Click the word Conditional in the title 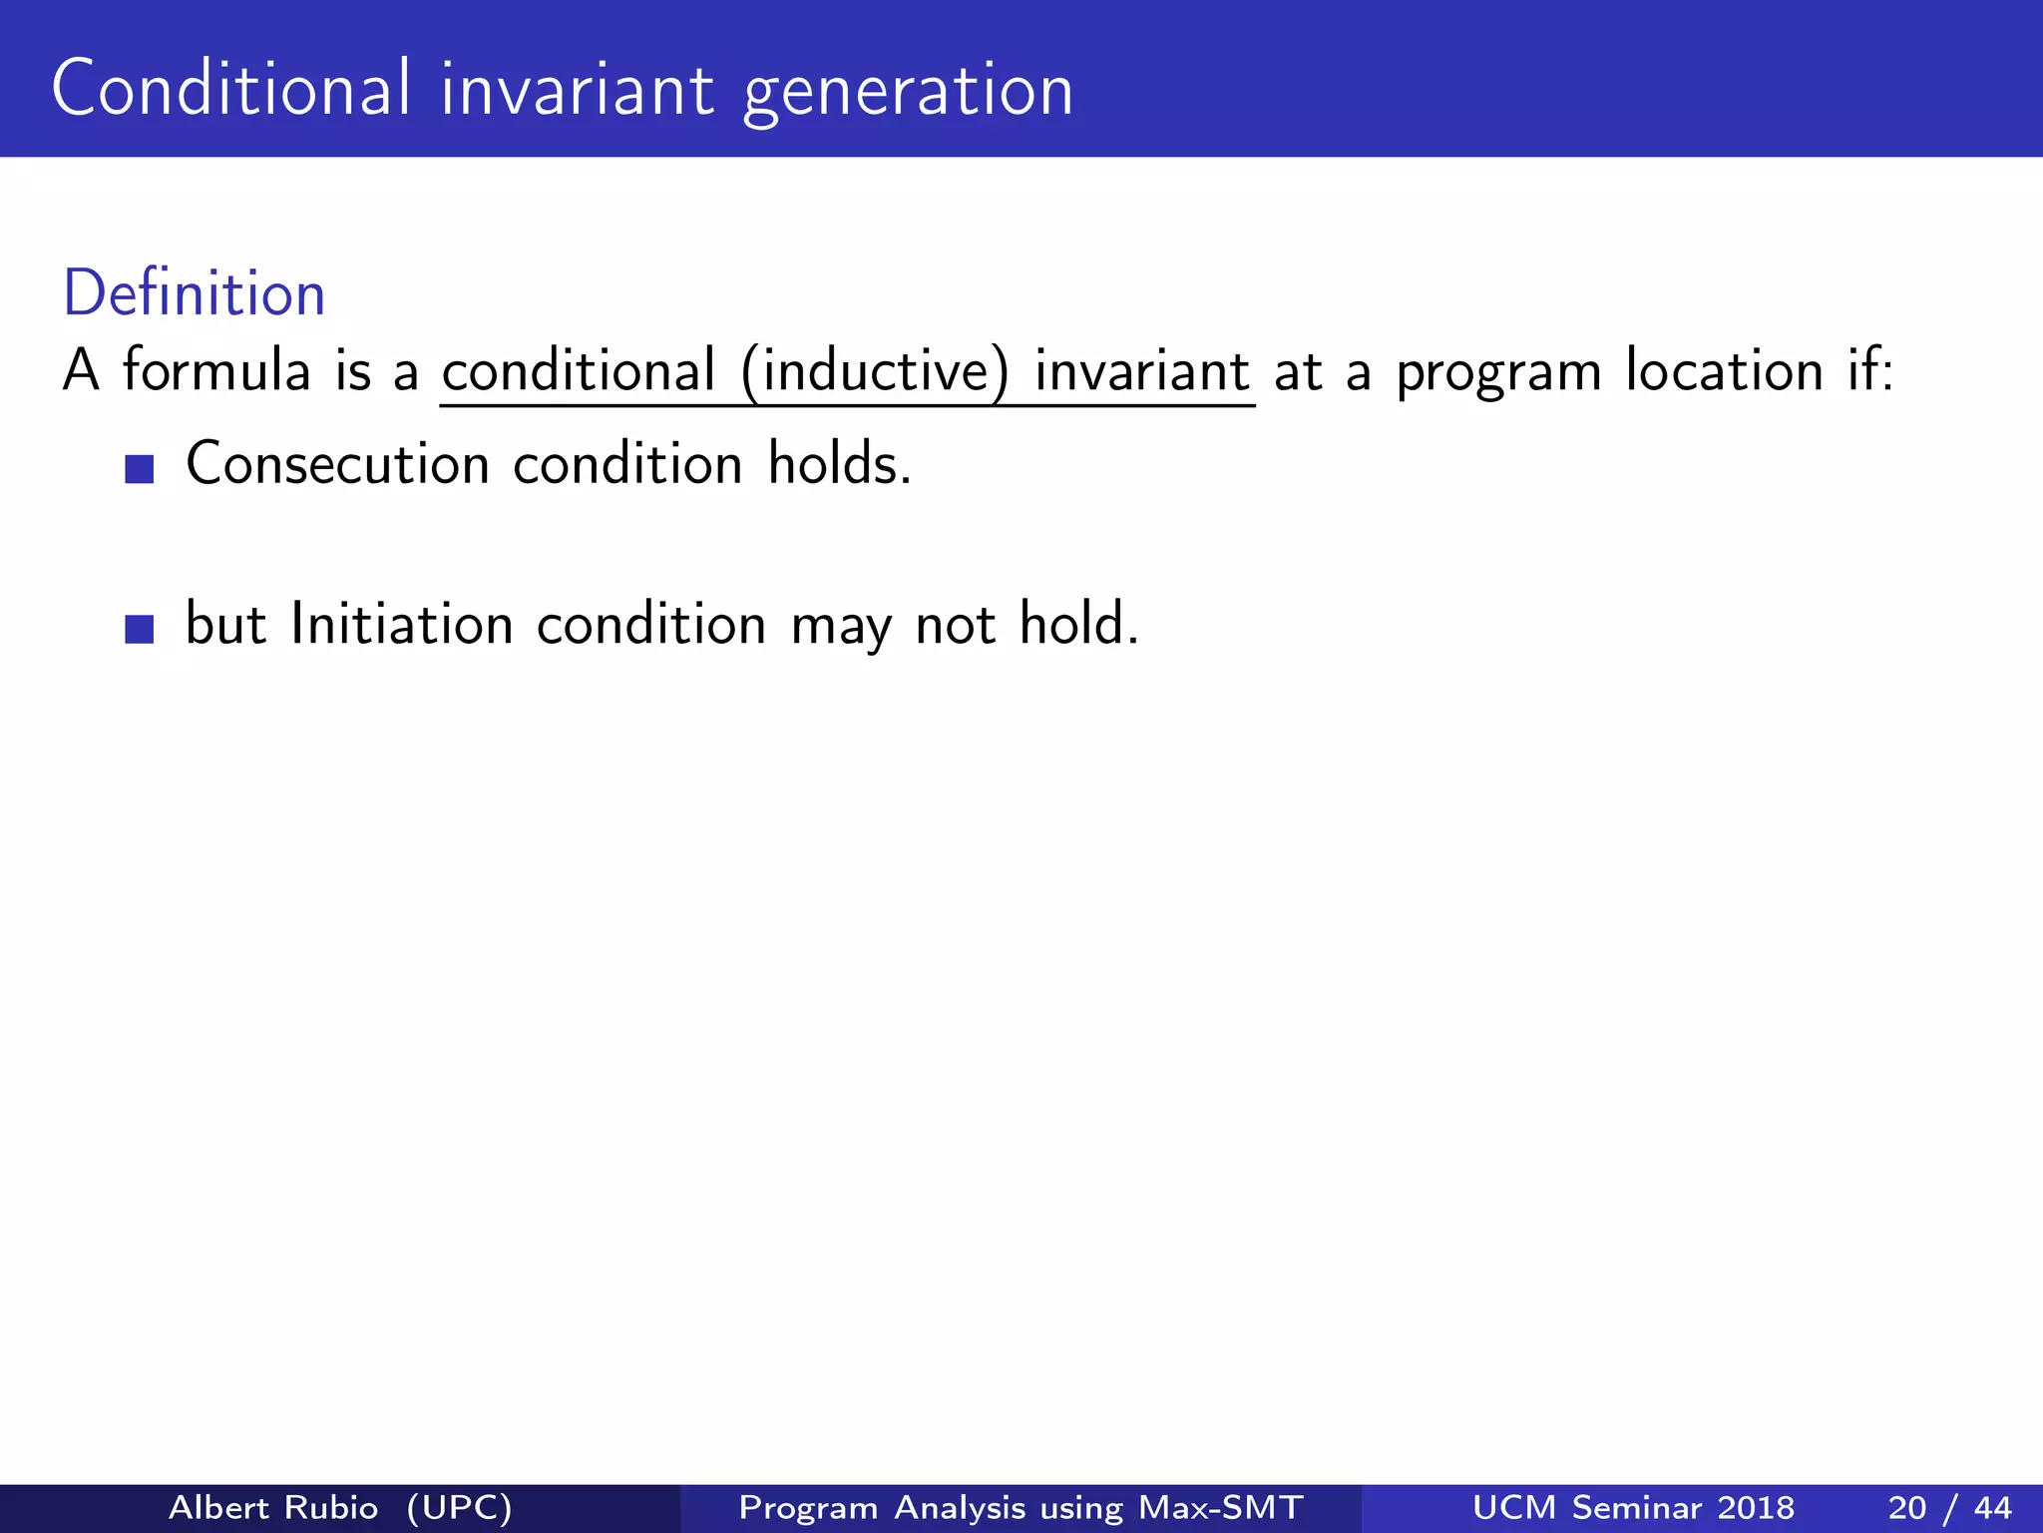(x=230, y=89)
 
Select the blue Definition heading (x=195, y=294)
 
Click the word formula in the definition (x=216, y=370)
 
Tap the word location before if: (x=1725, y=370)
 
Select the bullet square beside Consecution (x=140, y=469)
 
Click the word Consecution (x=337, y=465)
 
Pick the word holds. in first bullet (x=839, y=465)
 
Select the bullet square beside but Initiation (x=140, y=630)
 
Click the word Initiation (x=401, y=625)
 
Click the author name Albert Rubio (x=273, y=1507)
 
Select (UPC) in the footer (x=460, y=1507)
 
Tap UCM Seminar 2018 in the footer (x=1633, y=1507)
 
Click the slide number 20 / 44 (x=1949, y=1507)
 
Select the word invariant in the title (x=578, y=89)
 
